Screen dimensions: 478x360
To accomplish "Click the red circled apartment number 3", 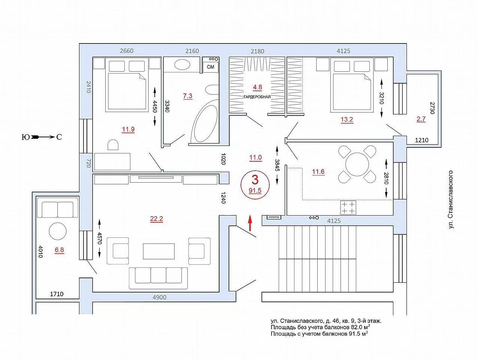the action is pyautogui.click(x=255, y=180).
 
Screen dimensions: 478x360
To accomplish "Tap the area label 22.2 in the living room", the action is pyautogui.click(x=156, y=218).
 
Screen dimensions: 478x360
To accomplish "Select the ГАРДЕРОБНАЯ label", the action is pyautogui.click(x=257, y=97).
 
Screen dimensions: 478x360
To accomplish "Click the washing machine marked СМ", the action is pyautogui.click(x=211, y=67).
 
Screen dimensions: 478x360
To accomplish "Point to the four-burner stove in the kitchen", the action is pyautogui.click(x=348, y=207).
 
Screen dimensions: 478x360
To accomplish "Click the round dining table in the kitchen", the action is pyautogui.click(x=357, y=164).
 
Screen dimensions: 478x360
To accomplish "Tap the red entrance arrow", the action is pyautogui.click(x=250, y=223).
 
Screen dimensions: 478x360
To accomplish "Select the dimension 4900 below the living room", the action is pyautogui.click(x=160, y=297).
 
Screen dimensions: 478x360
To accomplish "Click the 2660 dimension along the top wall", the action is pyautogui.click(x=127, y=51).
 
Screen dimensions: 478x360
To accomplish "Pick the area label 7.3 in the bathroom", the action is pyautogui.click(x=188, y=96).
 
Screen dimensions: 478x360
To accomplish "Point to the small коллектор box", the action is pyautogui.click(x=274, y=217).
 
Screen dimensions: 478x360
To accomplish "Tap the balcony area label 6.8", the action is pyautogui.click(x=59, y=250).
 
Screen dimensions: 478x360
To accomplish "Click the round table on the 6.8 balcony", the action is pyautogui.click(x=58, y=231).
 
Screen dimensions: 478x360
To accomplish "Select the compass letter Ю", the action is pyautogui.click(x=26, y=137).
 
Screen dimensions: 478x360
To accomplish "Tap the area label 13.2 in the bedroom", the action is pyautogui.click(x=347, y=119).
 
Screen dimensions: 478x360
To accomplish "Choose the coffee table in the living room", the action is pyautogui.click(x=158, y=251).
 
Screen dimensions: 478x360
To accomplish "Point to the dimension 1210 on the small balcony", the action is pyautogui.click(x=421, y=140).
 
